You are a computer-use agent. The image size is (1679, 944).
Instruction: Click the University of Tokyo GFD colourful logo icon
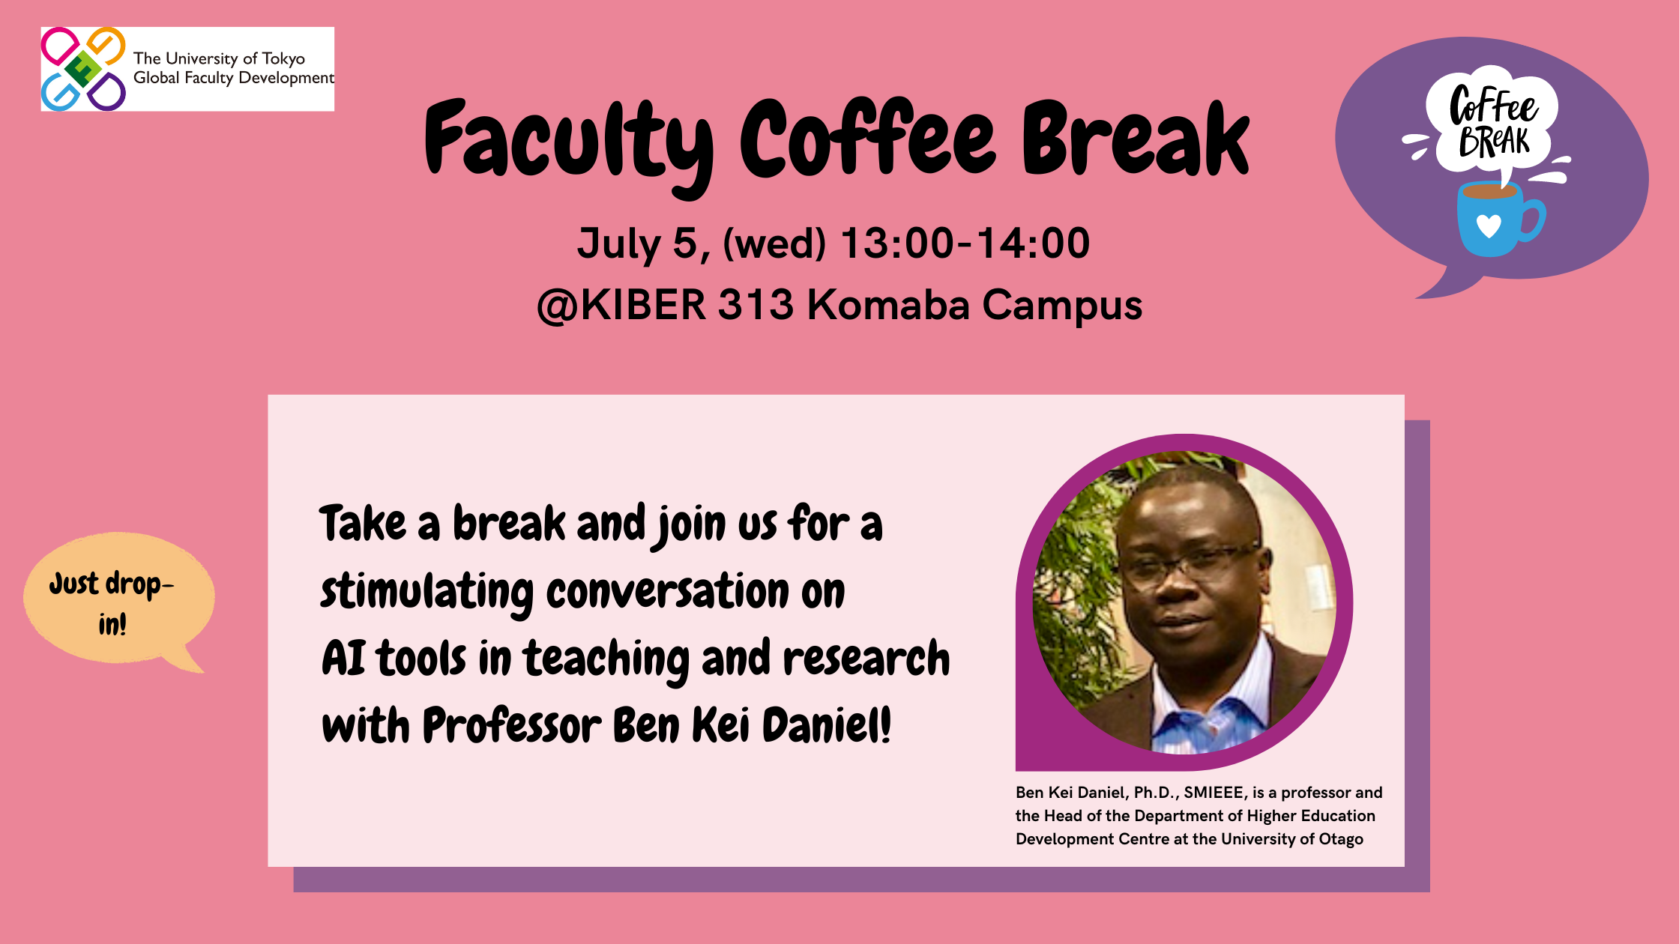coord(83,69)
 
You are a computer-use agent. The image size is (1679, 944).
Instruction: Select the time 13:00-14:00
coord(965,243)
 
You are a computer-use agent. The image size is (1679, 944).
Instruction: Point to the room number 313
coord(756,305)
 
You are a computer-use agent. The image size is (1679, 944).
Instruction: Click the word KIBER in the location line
coord(643,305)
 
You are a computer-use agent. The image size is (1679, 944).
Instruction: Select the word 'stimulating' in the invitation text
coord(426,592)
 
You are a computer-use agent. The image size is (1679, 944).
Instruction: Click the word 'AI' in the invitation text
coord(343,659)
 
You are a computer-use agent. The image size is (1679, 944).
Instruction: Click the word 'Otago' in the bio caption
coord(1341,839)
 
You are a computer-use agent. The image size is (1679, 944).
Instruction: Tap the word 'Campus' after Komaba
coord(1062,306)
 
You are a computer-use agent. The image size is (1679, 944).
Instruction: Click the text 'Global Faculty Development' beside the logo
coord(234,78)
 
